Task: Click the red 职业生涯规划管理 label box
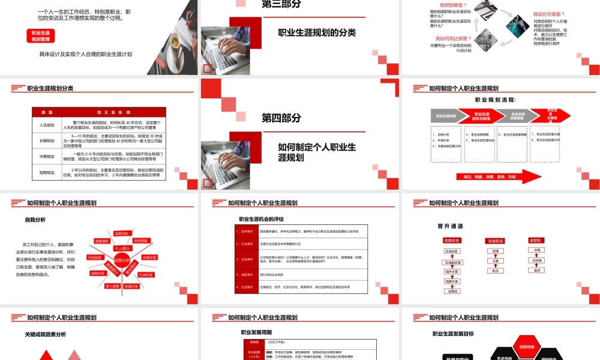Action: [41, 35]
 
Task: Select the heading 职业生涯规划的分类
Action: [317, 33]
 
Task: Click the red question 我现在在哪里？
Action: [549, 14]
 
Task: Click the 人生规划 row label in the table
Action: [47, 125]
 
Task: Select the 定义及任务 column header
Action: [113, 112]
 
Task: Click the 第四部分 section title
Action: [281, 118]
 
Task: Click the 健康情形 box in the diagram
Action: [102, 241]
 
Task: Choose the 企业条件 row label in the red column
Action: [247, 259]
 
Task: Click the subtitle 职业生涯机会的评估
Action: [261, 219]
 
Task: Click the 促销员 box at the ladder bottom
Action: [453, 291]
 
